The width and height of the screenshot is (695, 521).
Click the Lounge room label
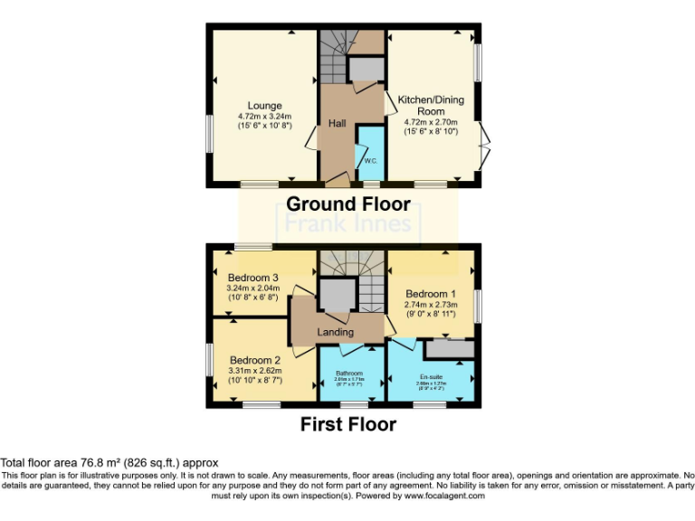click(x=265, y=106)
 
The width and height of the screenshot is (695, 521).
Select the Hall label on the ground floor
click(x=338, y=123)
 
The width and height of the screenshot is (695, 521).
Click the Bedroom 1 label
click(x=431, y=294)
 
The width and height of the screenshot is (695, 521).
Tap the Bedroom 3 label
click(x=252, y=278)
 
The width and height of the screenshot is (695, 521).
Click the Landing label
click(x=335, y=333)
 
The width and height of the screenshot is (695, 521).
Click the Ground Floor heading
click(x=347, y=204)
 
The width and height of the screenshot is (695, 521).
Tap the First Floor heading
click(x=348, y=423)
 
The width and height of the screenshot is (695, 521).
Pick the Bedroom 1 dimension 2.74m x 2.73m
click(x=431, y=306)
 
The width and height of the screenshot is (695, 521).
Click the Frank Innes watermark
click(x=348, y=223)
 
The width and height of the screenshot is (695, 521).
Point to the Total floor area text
click(x=109, y=462)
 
